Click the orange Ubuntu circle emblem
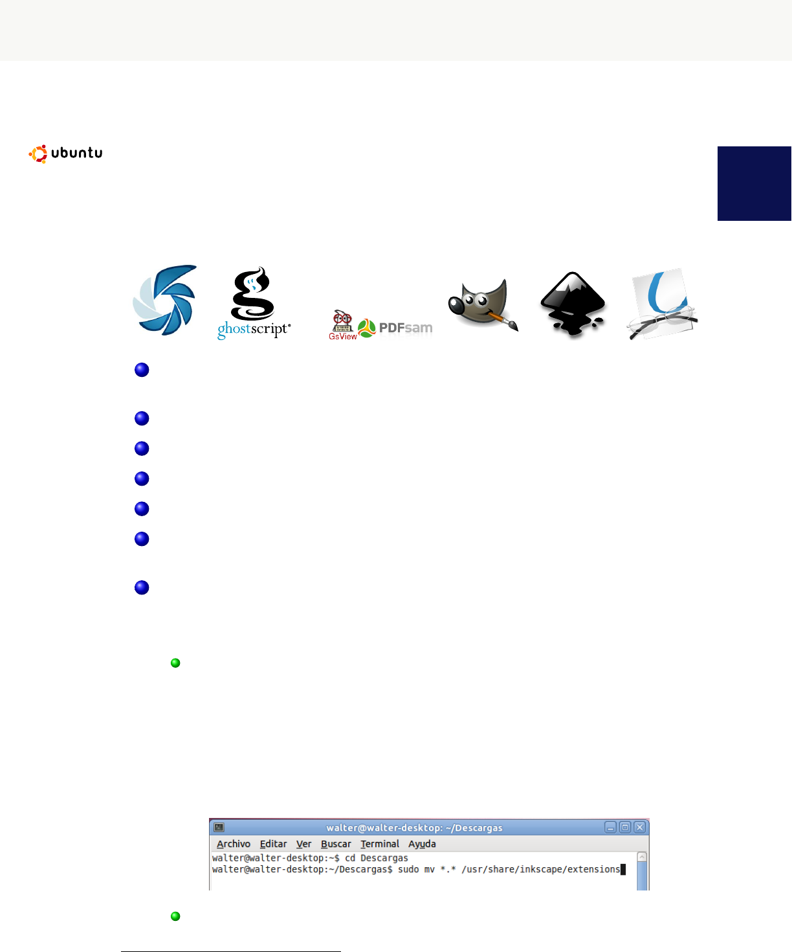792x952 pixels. click(38, 153)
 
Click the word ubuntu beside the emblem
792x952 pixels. click(76, 153)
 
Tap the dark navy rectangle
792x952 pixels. click(754, 183)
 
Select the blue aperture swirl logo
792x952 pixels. click(165, 300)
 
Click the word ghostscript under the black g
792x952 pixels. click(254, 329)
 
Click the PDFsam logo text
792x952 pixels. click(405, 328)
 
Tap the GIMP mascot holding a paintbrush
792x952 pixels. click(482, 305)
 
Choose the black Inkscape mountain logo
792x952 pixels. click(573, 304)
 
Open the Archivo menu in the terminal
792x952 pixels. click(233, 844)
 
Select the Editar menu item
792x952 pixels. click(273, 844)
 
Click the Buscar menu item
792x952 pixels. click(336, 844)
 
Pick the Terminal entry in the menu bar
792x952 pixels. click(379, 844)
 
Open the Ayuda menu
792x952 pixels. click(422, 844)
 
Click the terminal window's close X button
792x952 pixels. click(639, 827)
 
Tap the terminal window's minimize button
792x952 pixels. click(610, 827)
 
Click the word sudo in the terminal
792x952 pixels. click(408, 869)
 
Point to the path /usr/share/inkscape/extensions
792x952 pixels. click(540, 869)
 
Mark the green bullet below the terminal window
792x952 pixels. click(175, 916)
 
